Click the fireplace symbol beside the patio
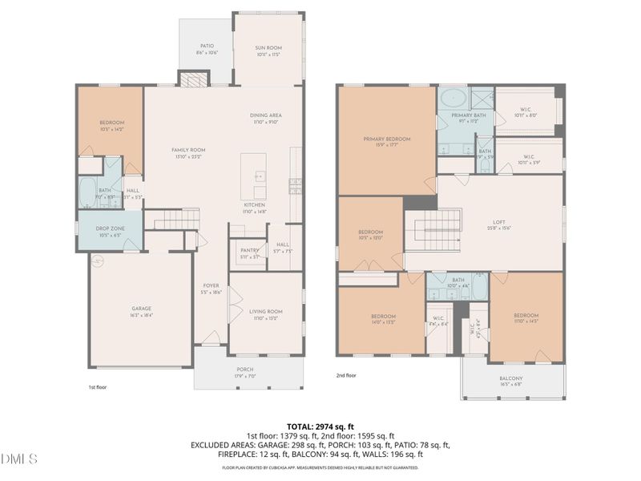(191, 79)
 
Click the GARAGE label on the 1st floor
(142, 309)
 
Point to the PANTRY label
(249, 250)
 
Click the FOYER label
(211, 285)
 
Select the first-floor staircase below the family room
(175, 219)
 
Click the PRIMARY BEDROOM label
(386, 139)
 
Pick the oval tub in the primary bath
(453, 99)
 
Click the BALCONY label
(510, 378)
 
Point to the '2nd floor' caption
(346, 375)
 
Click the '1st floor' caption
(97, 386)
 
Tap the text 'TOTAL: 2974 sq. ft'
(320, 426)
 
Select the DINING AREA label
(266, 115)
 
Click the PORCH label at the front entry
(244, 370)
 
